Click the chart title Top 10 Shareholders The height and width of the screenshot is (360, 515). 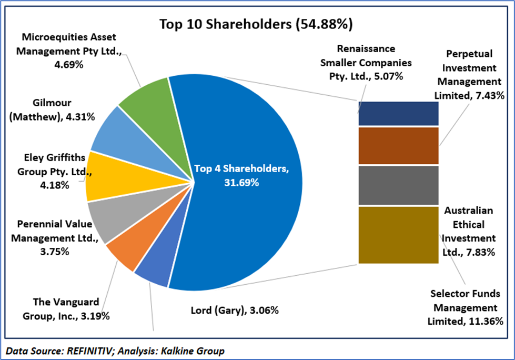tap(256, 24)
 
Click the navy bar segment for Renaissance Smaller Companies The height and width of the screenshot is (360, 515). tap(398, 114)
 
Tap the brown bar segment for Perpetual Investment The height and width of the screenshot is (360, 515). tap(398, 146)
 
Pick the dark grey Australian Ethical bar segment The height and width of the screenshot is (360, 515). tap(398, 185)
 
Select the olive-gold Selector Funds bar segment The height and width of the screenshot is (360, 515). tap(398, 235)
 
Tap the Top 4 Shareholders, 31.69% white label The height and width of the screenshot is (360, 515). tap(241, 176)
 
